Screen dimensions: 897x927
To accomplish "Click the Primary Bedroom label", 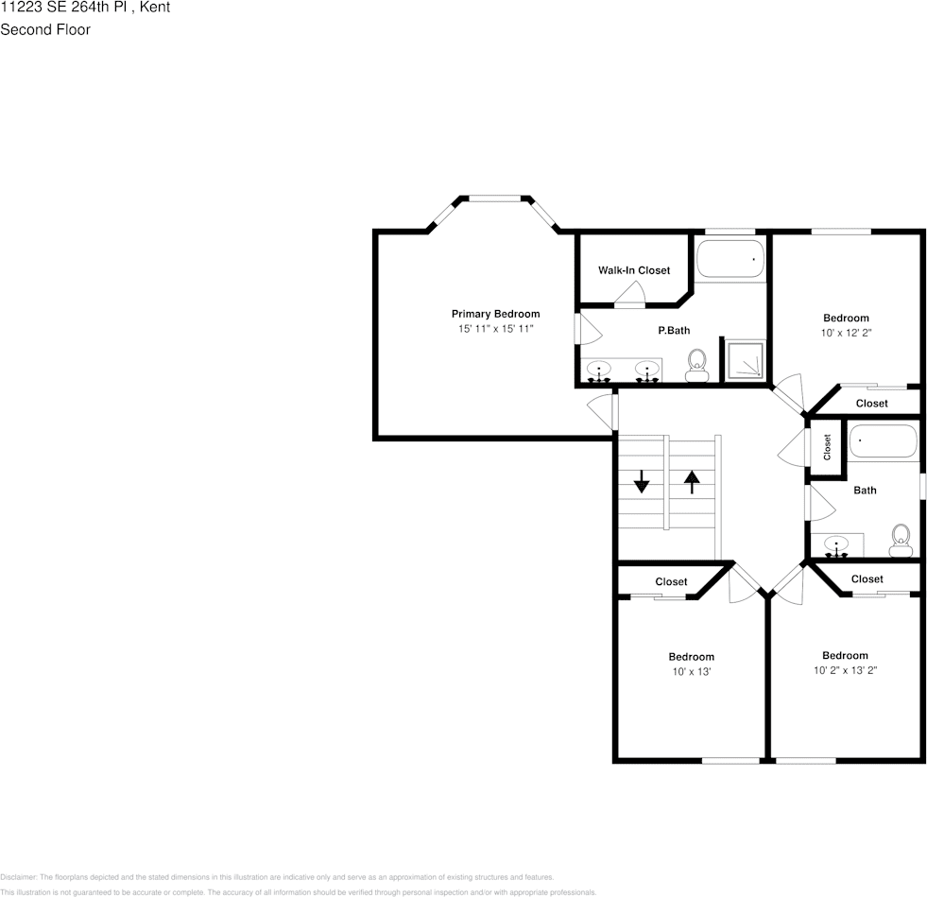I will (495, 314).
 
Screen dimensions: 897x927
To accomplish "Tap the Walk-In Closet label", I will (633, 270).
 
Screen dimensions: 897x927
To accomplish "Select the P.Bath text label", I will (674, 331).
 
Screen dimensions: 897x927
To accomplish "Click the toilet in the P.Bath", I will (697, 364).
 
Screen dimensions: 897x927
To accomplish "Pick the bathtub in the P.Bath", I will (730, 258).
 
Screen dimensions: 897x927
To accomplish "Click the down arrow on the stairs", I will (642, 481).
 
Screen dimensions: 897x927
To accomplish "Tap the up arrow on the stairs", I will (692, 481).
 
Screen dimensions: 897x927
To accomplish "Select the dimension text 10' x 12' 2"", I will (845, 333).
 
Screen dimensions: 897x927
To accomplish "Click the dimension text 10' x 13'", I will (691, 672).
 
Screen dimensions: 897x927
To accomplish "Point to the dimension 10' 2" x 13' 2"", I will (845, 671).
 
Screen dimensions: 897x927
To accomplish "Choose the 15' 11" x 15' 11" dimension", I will (495, 329).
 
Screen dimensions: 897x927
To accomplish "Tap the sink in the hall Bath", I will (837, 545).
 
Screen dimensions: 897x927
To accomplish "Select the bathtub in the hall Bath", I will (883, 441).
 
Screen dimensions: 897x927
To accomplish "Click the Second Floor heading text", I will (45, 29).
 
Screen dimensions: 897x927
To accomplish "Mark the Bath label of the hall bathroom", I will (865, 491).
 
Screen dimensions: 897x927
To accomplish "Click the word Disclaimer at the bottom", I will (18, 877).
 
